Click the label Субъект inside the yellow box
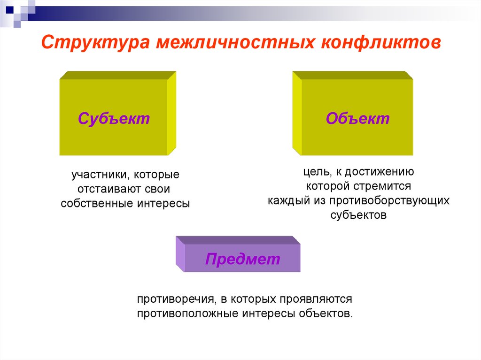click(x=114, y=118)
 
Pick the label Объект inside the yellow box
click(x=358, y=118)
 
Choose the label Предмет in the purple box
click(x=242, y=259)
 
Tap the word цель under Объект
click(x=312, y=172)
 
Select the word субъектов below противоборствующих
click(x=358, y=215)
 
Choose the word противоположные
click(x=187, y=313)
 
